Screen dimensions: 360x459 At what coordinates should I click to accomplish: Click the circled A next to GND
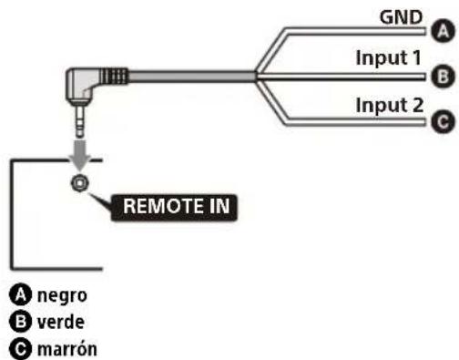pyautogui.click(x=444, y=31)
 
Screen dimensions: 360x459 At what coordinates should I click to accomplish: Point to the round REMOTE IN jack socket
pyautogui.click(x=81, y=182)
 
